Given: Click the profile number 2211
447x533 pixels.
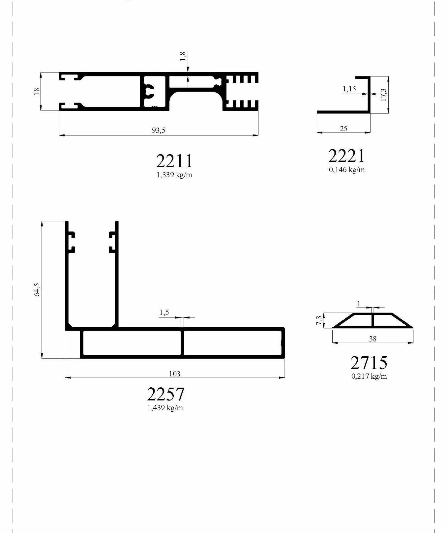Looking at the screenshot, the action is coord(174,161).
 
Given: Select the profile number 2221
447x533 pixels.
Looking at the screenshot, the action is coord(347,156).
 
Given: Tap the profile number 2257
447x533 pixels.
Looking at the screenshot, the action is coord(165,394).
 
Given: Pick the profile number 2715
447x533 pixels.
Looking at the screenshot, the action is coord(369,363).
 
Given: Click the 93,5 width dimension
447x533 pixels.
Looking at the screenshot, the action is coord(159,130).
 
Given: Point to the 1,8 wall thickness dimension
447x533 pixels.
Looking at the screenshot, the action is coord(183,56).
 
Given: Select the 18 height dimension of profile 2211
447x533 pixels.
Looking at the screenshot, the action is coord(37,91).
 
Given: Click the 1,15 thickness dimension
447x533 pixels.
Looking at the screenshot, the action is coord(349,89).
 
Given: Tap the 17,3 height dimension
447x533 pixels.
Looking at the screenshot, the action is coord(383,95).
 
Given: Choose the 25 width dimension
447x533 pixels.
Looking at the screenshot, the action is coord(343,129).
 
